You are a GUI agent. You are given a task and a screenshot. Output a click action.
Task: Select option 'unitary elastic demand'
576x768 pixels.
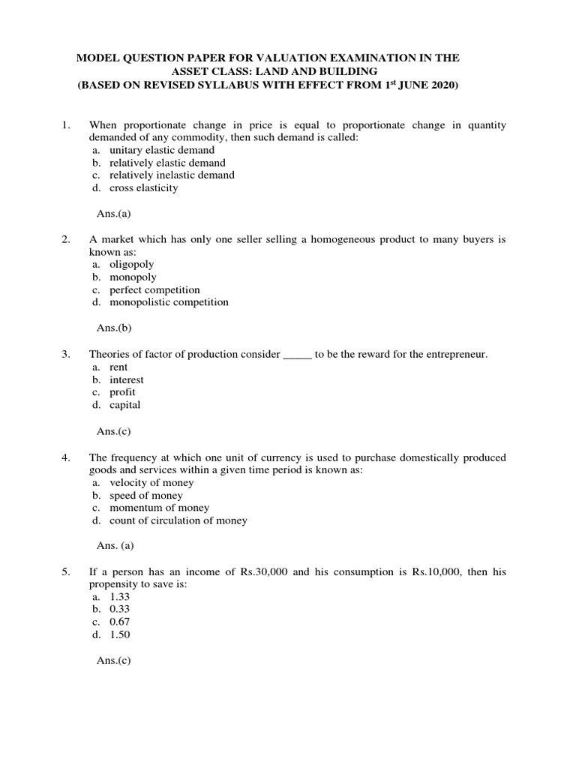pos(161,150)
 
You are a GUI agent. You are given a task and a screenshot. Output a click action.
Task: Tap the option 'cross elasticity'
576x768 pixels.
pos(143,187)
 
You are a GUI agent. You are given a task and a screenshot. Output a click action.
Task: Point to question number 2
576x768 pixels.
pos(66,239)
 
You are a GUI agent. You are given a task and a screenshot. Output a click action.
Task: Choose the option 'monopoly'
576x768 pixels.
pos(133,277)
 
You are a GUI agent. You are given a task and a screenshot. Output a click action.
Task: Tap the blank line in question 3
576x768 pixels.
pos(297,354)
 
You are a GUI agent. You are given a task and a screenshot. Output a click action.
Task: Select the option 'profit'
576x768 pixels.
pos(122,392)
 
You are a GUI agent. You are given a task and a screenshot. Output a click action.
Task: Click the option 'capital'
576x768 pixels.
pos(124,405)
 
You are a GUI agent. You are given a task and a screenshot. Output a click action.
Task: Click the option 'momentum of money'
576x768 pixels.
pos(159,508)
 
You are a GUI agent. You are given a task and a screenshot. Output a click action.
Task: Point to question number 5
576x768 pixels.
pos(66,571)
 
